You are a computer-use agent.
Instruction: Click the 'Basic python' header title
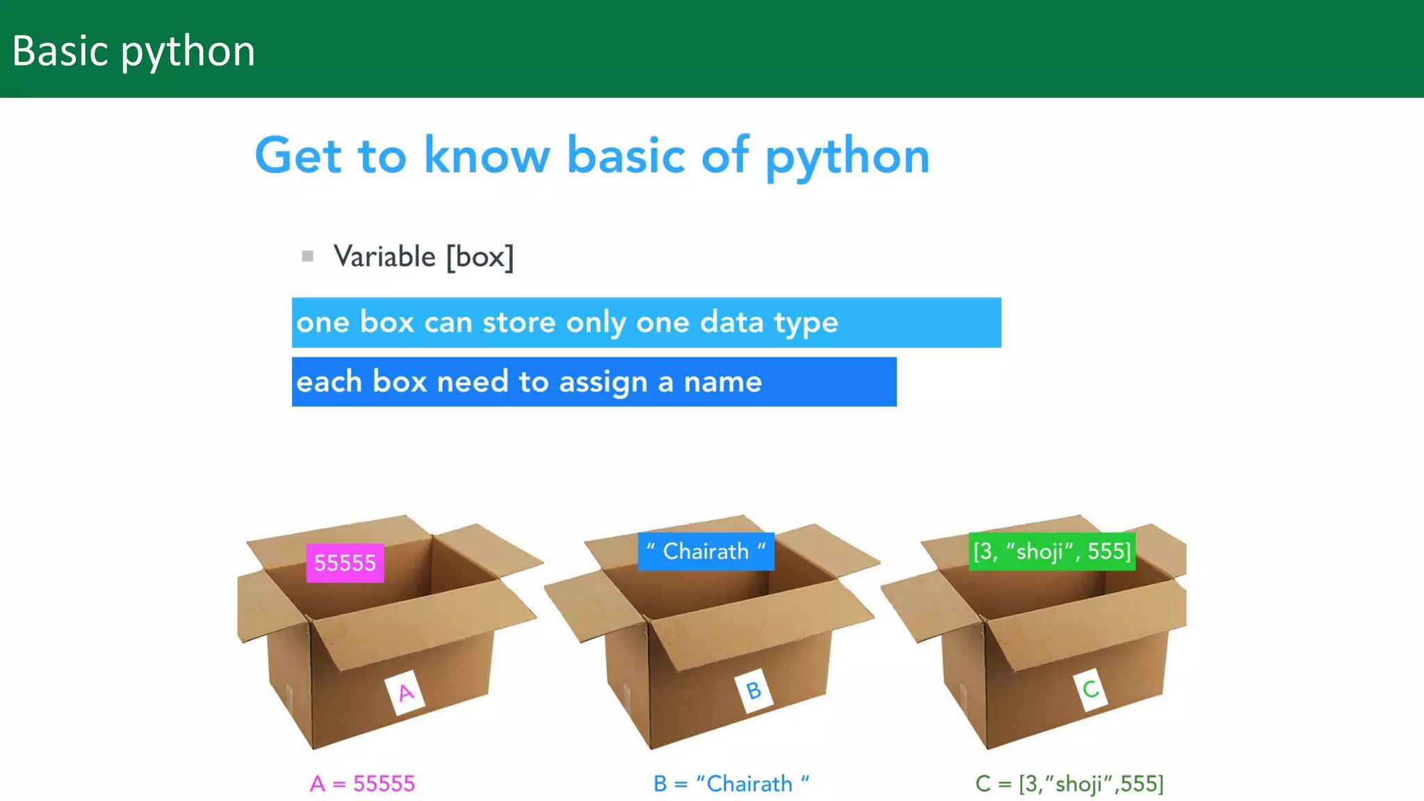[x=133, y=51]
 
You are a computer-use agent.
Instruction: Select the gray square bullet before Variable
[x=307, y=257]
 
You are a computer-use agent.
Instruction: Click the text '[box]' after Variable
[x=480, y=257]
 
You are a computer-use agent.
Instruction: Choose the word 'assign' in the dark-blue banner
[x=603, y=382]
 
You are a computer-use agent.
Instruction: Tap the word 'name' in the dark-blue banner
[x=722, y=382]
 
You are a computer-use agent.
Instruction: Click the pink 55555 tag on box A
[x=345, y=563]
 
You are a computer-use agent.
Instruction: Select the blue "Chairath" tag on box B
[x=706, y=551]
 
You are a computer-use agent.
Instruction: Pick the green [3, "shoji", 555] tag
[x=1051, y=551]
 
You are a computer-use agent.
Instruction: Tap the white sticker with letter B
[x=754, y=690]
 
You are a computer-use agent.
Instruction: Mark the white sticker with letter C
[x=1090, y=689]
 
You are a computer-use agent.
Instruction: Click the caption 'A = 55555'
[x=362, y=784]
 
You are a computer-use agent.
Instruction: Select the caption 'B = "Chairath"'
[x=731, y=784]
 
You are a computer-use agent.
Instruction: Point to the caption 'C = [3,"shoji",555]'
[x=1069, y=784]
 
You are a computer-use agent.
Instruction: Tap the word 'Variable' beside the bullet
[x=384, y=257]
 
